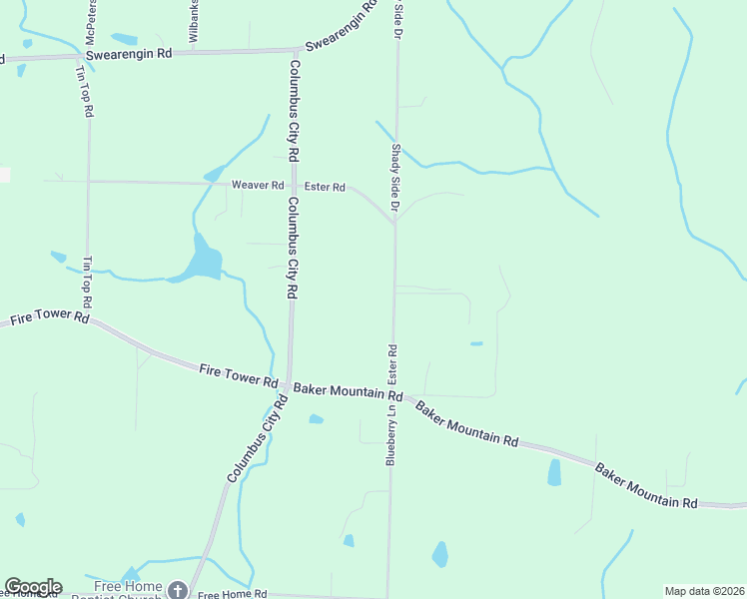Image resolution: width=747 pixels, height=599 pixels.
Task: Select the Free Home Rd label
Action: pos(232,594)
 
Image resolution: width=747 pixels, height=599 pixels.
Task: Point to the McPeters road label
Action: pos(90,21)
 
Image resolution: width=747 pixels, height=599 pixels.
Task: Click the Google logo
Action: pos(33,587)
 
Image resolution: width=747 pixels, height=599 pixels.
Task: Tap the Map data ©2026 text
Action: pos(704,591)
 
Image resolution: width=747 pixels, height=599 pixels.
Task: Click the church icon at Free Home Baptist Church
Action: pos(177,591)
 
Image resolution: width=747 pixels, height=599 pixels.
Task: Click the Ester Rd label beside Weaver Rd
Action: pos(325,187)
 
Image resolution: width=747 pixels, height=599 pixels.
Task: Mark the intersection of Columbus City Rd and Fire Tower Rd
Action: pos(288,384)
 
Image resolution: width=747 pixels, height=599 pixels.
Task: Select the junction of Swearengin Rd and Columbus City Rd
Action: pos(298,49)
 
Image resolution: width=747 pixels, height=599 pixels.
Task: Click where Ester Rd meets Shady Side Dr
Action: pos(395,223)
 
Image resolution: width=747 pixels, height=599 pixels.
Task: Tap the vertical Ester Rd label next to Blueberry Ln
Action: pos(392,364)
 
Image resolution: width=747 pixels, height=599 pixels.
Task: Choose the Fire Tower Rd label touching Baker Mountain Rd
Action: pos(238,375)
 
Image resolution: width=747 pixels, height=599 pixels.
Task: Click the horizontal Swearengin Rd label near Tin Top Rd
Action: pos(129,53)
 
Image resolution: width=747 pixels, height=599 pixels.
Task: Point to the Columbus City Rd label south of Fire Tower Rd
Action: pos(257,439)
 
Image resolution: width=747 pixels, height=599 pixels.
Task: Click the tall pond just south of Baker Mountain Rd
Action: pos(554,472)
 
